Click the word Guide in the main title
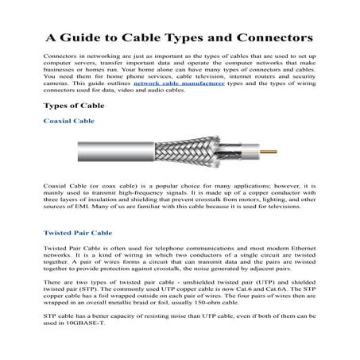click(x=95, y=37)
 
